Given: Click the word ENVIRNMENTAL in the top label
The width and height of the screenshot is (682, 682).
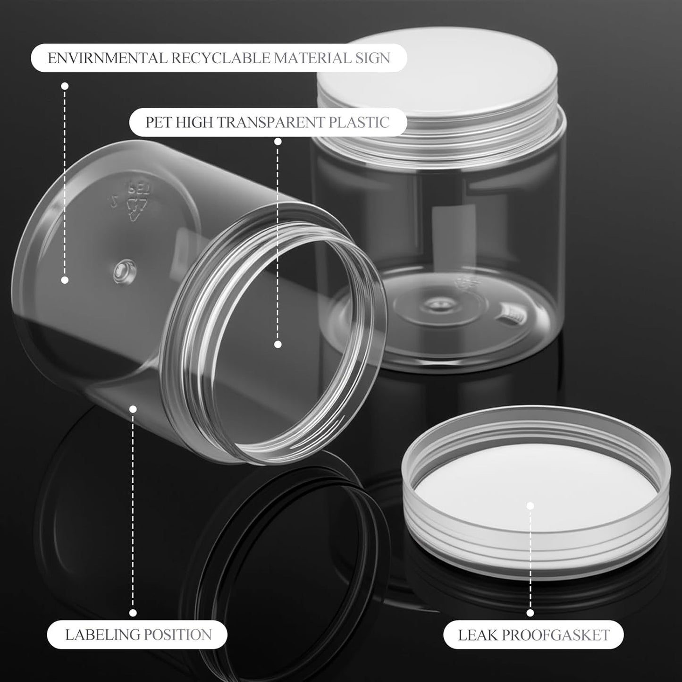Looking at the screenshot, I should [x=108, y=58].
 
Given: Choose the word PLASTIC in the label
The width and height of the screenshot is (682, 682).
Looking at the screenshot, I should [x=359, y=122].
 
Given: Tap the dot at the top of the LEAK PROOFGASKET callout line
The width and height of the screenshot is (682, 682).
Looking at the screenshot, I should [x=530, y=506].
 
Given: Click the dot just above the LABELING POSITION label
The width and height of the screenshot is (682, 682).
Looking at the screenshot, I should [x=133, y=613].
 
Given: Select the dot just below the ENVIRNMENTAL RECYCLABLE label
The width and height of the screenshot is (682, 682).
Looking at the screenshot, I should [x=65, y=86].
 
